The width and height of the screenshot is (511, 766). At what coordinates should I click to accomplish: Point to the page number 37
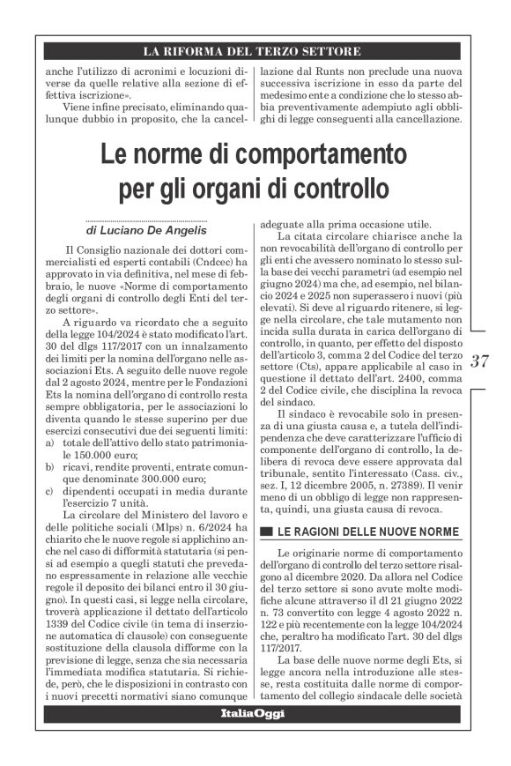pos(480,361)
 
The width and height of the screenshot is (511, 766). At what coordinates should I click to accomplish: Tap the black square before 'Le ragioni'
pos(266,532)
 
